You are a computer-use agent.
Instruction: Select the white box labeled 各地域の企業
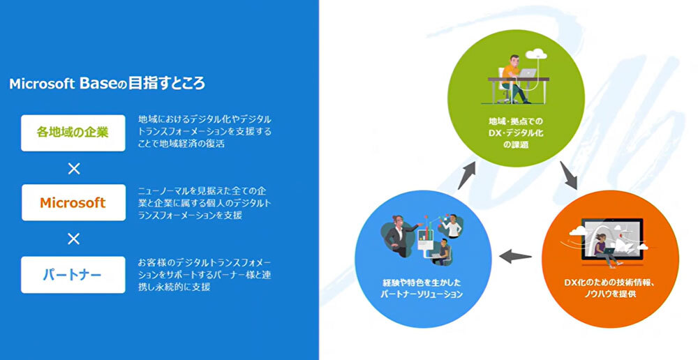click(73, 131)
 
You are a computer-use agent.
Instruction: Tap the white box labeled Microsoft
click(73, 202)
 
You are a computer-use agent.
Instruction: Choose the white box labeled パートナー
click(73, 274)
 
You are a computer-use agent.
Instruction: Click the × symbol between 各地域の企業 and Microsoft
click(73, 167)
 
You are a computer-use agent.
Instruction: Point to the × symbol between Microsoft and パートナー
click(73, 239)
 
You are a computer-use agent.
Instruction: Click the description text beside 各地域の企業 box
click(205, 131)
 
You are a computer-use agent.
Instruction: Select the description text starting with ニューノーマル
click(205, 203)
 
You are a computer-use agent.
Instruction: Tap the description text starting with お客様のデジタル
click(205, 274)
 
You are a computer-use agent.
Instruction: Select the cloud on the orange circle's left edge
click(577, 230)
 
